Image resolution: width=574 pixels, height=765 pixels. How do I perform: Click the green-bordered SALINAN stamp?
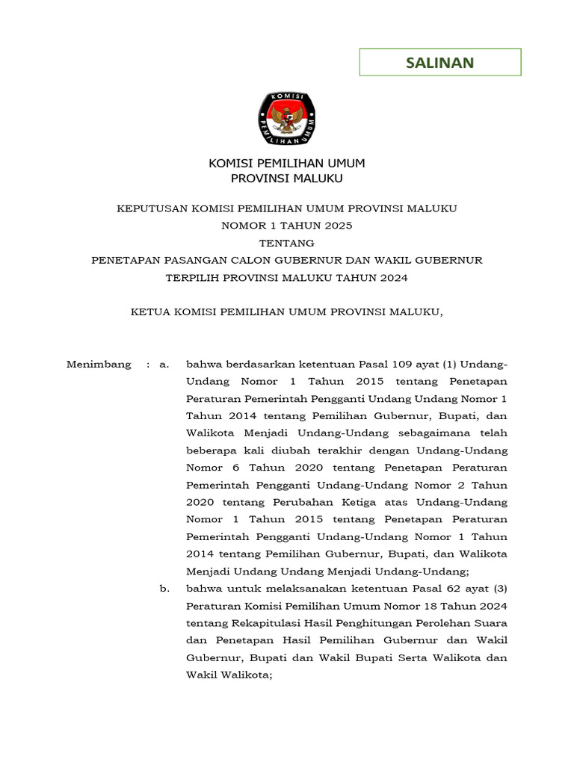439,63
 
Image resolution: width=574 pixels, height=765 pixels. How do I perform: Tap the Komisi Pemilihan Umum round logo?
287,119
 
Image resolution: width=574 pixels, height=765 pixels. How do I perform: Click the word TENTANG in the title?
287,243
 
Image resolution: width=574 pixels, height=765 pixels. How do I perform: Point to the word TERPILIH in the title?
196,278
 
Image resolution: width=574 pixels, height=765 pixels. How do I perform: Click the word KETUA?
150,312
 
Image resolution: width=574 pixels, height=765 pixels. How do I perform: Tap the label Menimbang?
98,365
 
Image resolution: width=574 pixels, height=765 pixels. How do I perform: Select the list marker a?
164,365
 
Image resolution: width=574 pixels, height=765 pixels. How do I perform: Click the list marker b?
164,589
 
